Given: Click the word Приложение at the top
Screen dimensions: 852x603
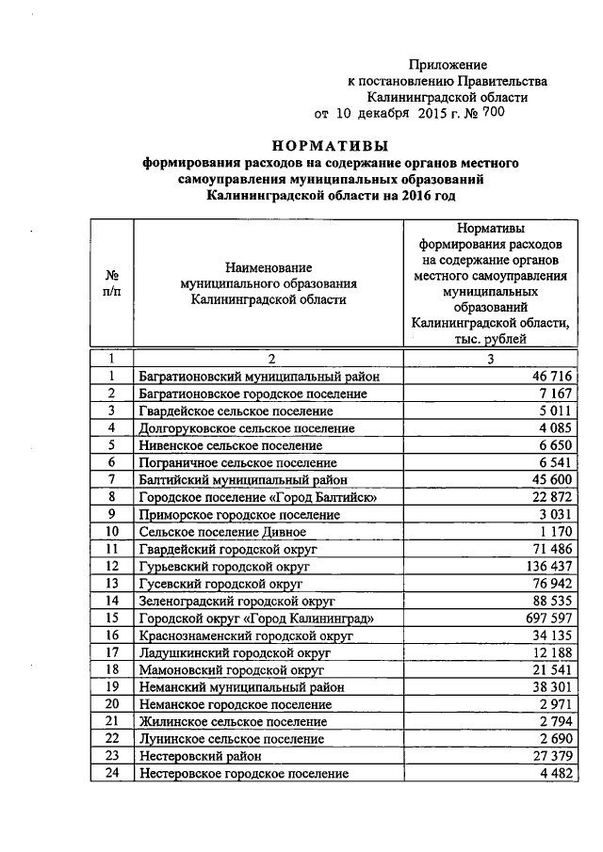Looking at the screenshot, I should pyautogui.click(x=448, y=65).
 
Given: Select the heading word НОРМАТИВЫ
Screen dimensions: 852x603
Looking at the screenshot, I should pyautogui.click(x=330, y=145).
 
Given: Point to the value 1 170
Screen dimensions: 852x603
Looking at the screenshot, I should pyautogui.click(x=556, y=531).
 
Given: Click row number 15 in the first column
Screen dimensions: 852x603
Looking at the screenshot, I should pyautogui.click(x=111, y=619).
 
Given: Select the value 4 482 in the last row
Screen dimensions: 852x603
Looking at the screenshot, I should pyautogui.click(x=556, y=774).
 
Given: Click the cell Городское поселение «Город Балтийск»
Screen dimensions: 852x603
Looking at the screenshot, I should pyautogui.click(x=257, y=497).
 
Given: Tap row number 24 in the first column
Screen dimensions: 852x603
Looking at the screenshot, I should pyautogui.click(x=111, y=774).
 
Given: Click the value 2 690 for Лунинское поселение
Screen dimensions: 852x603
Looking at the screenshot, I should pyautogui.click(x=556, y=739).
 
